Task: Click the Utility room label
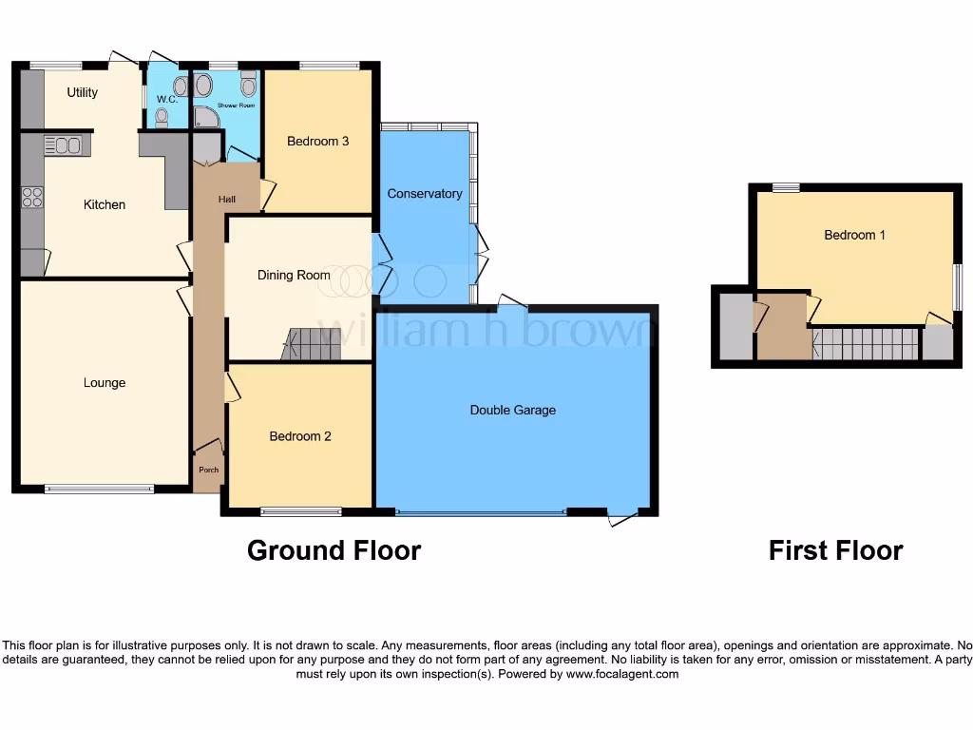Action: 83,92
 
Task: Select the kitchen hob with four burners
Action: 32,197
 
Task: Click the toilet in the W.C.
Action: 161,117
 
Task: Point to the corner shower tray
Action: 205,117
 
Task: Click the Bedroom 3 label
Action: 318,141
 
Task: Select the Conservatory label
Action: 425,193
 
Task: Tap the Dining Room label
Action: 294,275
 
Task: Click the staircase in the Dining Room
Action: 312,345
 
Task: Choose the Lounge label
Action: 105,382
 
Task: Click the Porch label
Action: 208,470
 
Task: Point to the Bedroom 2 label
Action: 300,436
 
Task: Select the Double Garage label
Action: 513,410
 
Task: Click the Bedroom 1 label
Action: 854,234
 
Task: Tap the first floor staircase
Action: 866,344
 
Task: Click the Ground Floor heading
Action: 334,549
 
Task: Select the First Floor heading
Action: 835,549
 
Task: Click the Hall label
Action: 227,199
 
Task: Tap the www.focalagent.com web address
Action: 622,674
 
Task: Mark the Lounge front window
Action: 99,490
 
